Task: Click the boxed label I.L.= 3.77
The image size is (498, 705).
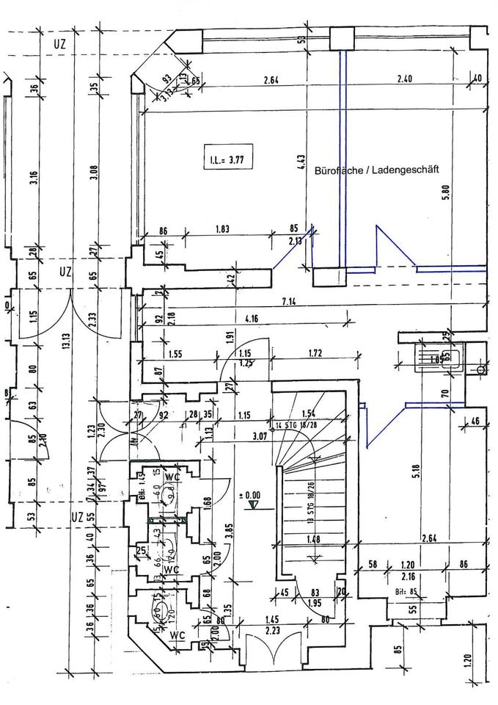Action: point(227,157)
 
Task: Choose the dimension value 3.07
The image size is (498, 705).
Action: point(258,435)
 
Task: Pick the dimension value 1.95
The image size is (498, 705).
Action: point(315,603)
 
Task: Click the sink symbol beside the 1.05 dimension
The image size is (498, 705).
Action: point(438,360)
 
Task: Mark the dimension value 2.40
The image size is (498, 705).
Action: point(406,79)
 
